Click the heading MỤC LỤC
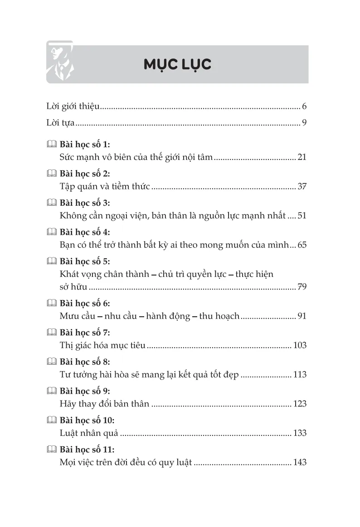coord(177,64)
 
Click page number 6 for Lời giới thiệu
coord(304,107)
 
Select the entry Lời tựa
coord(60,122)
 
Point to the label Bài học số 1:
coord(85,145)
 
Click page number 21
coord(302,157)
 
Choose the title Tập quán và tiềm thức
coord(105,186)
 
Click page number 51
coord(302,216)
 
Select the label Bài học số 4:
coord(85,232)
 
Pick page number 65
coord(302,245)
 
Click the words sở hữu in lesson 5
coord(73,287)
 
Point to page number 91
coord(302,316)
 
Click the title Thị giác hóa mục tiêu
coord(102,345)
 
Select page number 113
coord(300,375)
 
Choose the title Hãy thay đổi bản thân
coord(104,404)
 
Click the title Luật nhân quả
coord(89,433)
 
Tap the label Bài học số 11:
coord(87,450)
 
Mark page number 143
coord(300,462)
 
